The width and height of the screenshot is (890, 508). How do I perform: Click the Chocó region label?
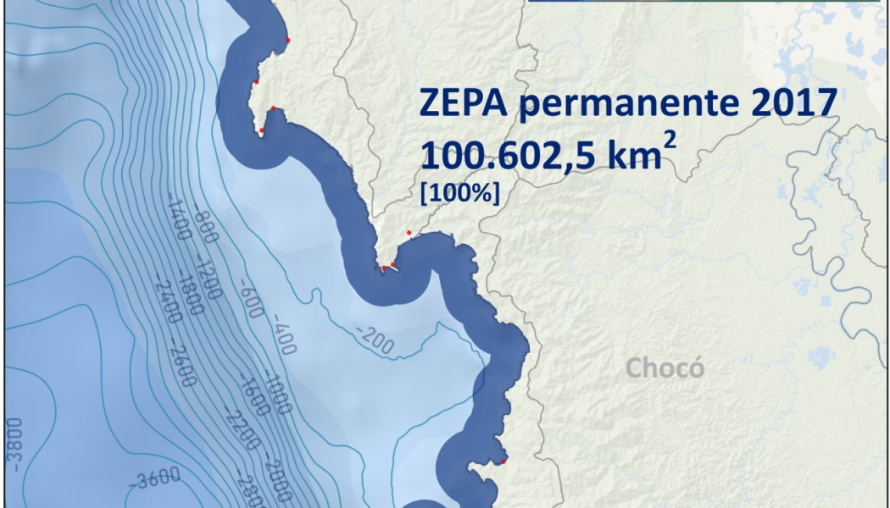tap(665, 369)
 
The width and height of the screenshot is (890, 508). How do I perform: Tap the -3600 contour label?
tap(155, 480)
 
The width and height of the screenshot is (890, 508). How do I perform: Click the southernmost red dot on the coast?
tap(503, 461)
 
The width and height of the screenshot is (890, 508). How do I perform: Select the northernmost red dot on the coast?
tap(288, 40)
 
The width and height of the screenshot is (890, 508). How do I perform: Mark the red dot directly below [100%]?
tap(409, 232)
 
